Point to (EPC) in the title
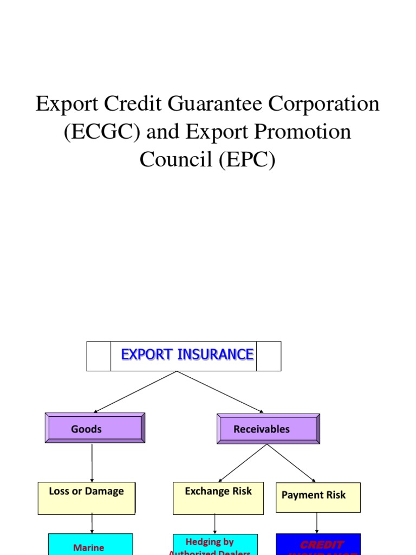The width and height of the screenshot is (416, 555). coord(248,159)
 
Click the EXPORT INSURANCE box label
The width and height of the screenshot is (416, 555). coord(187,355)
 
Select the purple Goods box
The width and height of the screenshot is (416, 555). coord(95,428)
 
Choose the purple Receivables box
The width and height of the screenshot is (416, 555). coord(268,429)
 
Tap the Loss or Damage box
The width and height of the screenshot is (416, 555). coord(87,498)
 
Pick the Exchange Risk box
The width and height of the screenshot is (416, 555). coord(218,498)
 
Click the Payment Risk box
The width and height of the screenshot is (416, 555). coord(318,497)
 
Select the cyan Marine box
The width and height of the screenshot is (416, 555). coord(90,544)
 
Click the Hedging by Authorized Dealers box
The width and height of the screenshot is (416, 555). coord(215,545)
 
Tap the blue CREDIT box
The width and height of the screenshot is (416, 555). coord(318,544)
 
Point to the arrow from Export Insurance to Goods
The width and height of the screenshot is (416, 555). coord(135,392)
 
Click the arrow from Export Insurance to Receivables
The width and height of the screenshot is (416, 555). coord(220,392)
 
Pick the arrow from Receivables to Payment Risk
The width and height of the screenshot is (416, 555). coord(291,463)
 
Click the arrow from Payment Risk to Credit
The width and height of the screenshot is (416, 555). coord(317,522)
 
